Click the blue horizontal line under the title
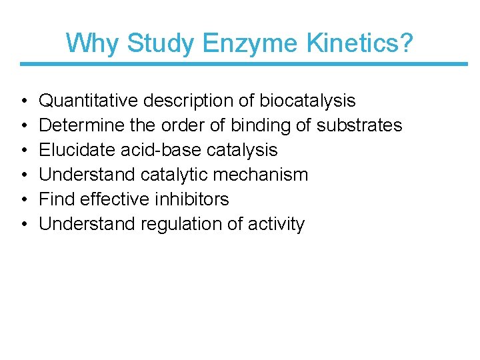pos(244,64)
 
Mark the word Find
pos(55,199)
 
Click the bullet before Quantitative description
pos(24,101)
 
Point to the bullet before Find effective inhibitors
pos(24,200)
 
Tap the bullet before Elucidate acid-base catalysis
pos(24,151)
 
